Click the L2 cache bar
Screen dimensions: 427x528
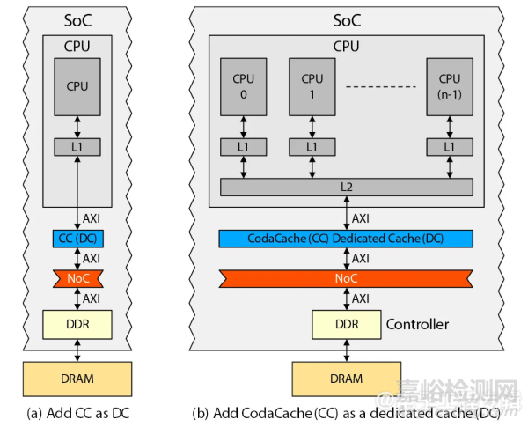tap(346, 187)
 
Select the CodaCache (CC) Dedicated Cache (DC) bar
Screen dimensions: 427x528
tap(346, 239)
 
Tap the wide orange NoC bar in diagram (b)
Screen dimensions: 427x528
tap(346, 279)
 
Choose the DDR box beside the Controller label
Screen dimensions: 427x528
tap(346, 325)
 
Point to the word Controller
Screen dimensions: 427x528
tap(417, 325)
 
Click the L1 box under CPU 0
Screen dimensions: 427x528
tap(244, 145)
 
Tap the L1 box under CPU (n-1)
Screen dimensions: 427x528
tap(449, 145)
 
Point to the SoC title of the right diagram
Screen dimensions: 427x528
tap(346, 18)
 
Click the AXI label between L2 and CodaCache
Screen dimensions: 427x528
tap(361, 217)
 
